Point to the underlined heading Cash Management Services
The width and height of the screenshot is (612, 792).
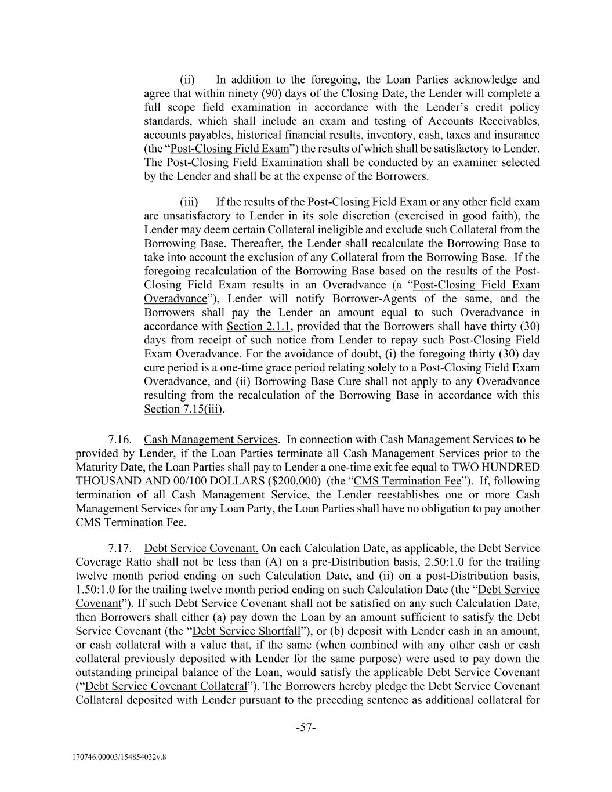[211, 440]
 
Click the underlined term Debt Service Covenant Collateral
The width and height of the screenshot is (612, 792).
[166, 686]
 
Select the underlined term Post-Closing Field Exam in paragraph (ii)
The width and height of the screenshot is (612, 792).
[230, 149]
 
